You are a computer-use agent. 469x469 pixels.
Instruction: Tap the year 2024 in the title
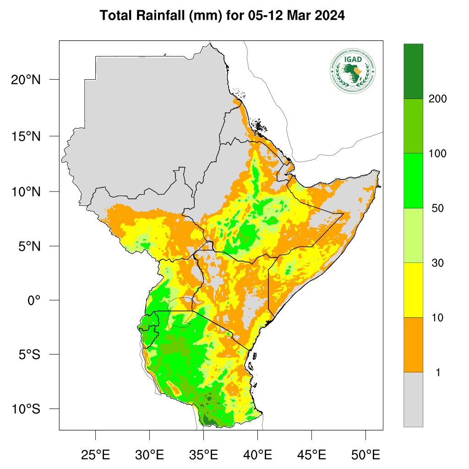[328, 16]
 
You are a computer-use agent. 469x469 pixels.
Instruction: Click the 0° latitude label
[35, 300]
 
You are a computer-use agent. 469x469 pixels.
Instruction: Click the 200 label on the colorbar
[437, 99]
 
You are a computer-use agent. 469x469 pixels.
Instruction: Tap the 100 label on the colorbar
[437, 153]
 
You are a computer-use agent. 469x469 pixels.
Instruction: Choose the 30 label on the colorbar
[438, 263]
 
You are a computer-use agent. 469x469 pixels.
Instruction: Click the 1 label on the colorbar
[438, 372]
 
